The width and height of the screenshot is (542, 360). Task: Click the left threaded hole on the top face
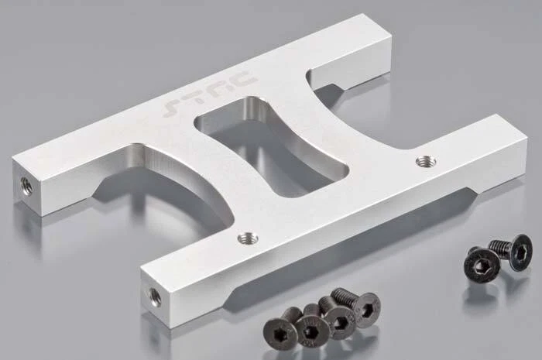(248, 238)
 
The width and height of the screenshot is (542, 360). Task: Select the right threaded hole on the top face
(425, 161)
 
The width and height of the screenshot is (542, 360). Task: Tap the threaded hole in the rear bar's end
(25, 185)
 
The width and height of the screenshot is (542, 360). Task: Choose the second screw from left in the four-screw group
(311, 329)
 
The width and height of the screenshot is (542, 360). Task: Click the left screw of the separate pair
(481, 266)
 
